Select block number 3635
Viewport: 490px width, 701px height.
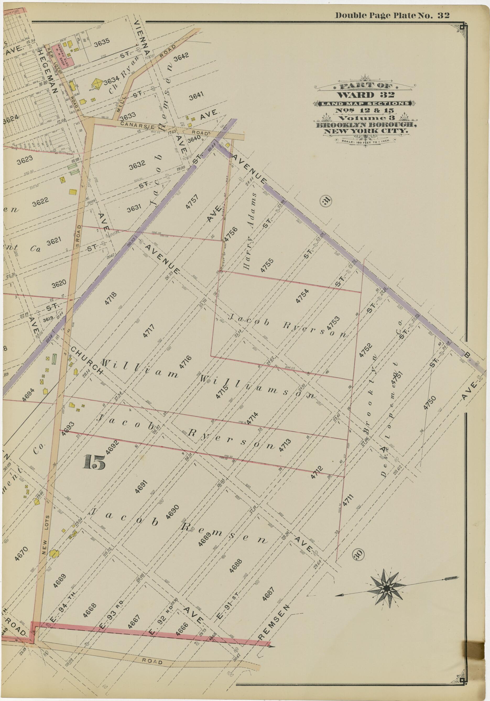point(102,44)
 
